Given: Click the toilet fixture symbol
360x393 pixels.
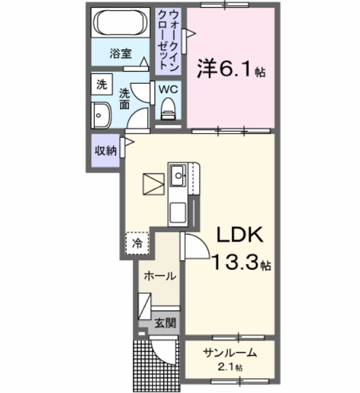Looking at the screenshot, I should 169,109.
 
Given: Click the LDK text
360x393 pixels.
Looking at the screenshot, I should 238,236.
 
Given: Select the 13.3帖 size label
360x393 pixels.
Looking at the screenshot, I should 242,263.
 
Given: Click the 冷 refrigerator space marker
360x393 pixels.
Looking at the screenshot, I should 137,243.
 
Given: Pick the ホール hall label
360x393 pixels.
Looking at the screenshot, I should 160,276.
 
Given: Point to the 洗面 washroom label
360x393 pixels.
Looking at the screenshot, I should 125,97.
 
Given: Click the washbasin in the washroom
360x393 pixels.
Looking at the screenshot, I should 101,116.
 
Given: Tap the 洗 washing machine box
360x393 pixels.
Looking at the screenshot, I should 101,84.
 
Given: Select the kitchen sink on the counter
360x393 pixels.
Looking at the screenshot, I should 177,173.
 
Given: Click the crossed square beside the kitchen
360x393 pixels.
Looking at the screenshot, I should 154,184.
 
